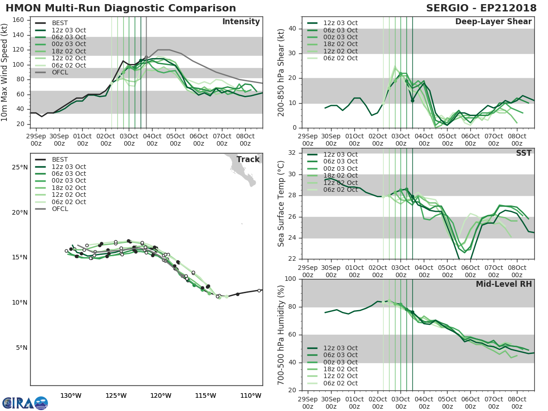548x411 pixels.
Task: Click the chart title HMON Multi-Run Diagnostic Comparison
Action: [121, 8]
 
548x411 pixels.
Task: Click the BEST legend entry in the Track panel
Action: [60, 160]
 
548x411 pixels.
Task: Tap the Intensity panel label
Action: [241, 22]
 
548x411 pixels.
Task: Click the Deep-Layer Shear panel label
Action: [493, 22]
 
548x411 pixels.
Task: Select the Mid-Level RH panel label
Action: [504, 284]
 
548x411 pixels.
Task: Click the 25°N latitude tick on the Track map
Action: [19, 167]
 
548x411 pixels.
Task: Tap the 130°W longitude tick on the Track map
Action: [71, 395]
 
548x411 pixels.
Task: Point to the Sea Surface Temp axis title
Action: [281, 203]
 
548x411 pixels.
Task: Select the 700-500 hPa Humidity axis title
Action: [281, 334]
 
